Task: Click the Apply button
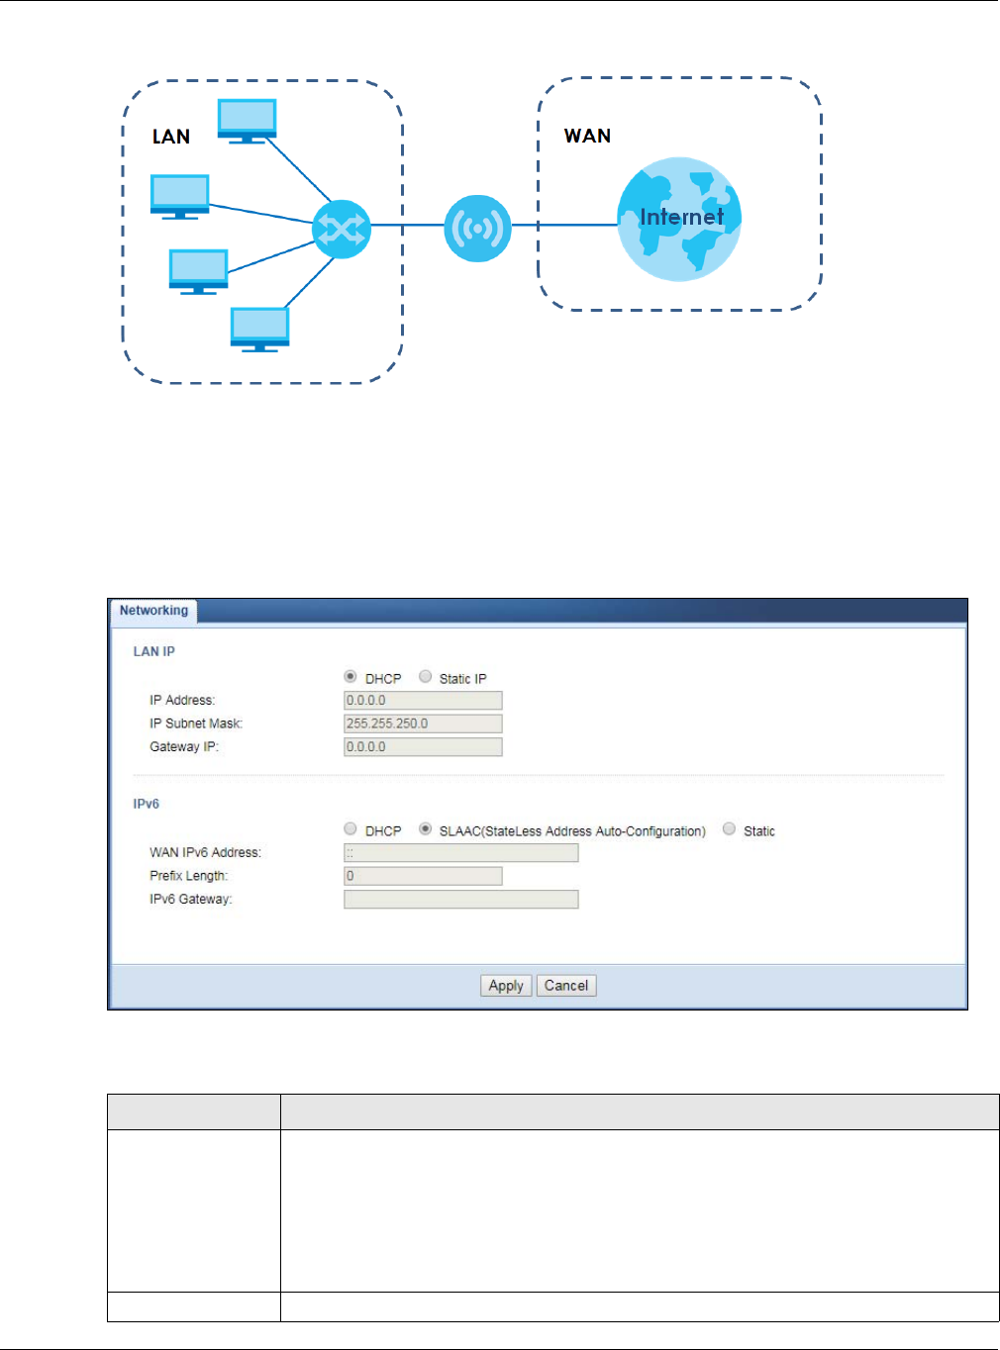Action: (506, 986)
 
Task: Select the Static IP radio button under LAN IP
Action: (426, 677)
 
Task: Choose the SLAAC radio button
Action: (426, 829)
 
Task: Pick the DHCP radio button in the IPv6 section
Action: (350, 829)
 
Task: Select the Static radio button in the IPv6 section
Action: (730, 829)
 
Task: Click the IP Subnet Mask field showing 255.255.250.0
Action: (423, 723)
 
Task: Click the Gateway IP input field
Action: (423, 747)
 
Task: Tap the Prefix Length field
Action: (423, 876)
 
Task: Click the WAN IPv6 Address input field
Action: (460, 853)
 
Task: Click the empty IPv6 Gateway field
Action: (460, 900)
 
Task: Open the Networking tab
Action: (153, 611)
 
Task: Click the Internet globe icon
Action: (679, 219)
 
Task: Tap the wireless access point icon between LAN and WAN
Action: (477, 229)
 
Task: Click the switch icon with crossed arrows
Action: (342, 230)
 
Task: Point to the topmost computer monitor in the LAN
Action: (247, 121)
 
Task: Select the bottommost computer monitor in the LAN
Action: (259, 329)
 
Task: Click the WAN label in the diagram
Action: (587, 136)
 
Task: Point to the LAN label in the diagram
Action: (171, 137)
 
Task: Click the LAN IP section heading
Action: (154, 651)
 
